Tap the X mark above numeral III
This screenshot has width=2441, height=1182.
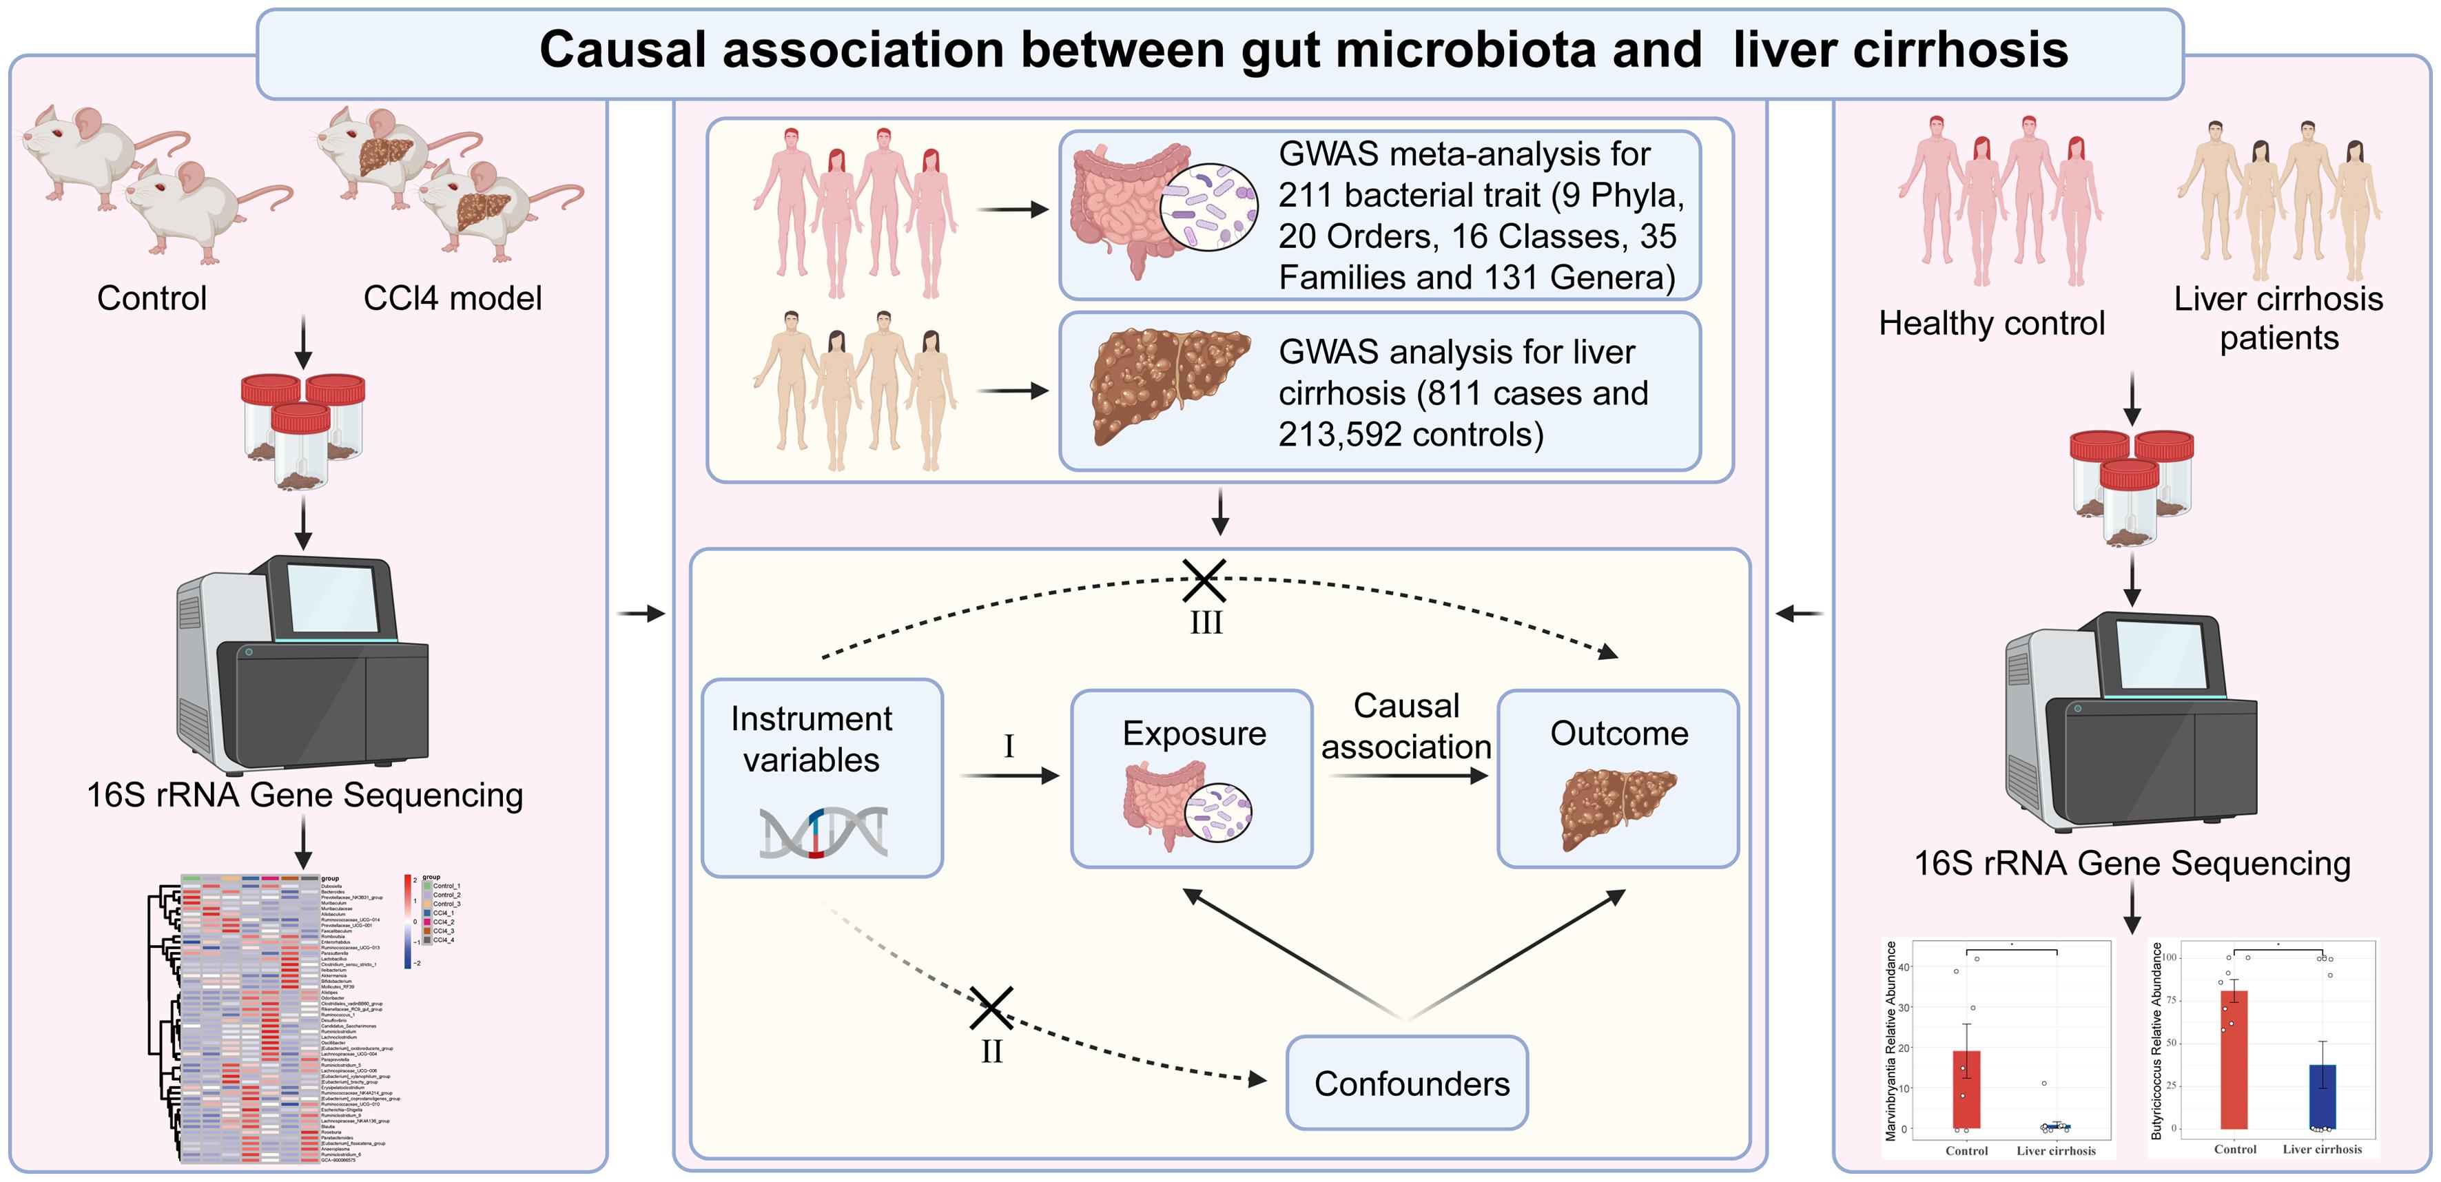click(1204, 580)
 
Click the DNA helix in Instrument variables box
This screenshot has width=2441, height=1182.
click(823, 831)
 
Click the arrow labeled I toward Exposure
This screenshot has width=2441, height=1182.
click(1009, 776)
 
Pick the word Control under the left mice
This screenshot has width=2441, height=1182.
click(152, 298)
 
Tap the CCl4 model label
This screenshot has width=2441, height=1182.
click(452, 298)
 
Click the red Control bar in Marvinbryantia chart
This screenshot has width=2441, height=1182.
click(1966, 1089)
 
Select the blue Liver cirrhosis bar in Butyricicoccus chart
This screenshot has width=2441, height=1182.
click(2322, 1097)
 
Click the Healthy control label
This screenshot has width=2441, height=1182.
click(1991, 323)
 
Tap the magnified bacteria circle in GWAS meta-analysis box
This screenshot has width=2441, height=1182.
click(1209, 207)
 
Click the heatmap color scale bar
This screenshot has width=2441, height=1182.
click(407, 920)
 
